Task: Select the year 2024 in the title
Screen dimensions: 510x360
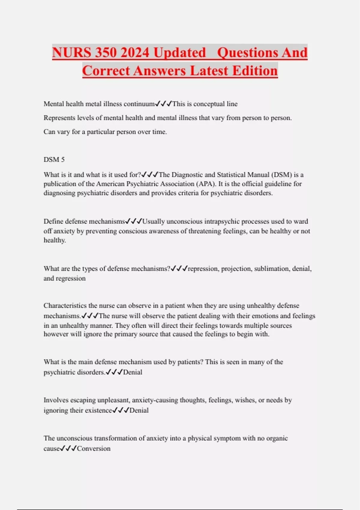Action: tap(136, 52)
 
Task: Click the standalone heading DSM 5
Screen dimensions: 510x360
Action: tap(54, 159)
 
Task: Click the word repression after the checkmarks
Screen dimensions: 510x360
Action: tap(203, 268)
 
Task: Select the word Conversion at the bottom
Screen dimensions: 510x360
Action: tap(94, 448)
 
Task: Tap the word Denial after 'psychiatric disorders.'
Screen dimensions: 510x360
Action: tap(133, 372)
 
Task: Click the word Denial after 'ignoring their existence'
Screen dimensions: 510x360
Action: tap(139, 410)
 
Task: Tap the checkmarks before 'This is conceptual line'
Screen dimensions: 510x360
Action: tap(163, 104)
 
